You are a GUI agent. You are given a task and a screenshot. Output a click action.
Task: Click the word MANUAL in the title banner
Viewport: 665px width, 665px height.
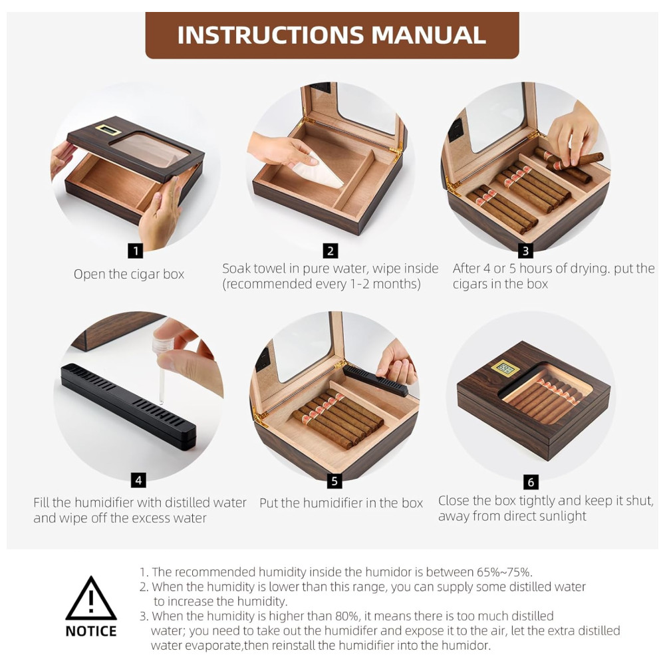click(x=429, y=35)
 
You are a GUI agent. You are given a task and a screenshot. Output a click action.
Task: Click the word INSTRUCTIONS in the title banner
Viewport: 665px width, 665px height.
click(x=271, y=35)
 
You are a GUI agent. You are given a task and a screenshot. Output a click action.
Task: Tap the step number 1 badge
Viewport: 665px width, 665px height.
click(x=135, y=251)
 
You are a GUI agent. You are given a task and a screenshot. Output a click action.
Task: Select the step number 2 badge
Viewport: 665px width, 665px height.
click(x=331, y=251)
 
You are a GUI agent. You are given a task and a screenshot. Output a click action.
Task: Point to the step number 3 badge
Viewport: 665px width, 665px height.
click(x=525, y=251)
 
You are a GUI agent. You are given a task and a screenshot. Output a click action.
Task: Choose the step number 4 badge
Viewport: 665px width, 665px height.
click(x=138, y=481)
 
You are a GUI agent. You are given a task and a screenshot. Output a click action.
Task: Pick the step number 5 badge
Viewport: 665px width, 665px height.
click(x=334, y=481)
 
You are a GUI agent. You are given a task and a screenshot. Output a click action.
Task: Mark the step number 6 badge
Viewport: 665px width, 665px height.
click(x=531, y=481)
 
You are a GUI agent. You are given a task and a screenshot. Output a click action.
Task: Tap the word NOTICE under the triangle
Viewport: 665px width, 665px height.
click(x=90, y=631)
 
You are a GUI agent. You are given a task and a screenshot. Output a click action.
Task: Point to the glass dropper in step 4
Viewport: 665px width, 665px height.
click(x=162, y=369)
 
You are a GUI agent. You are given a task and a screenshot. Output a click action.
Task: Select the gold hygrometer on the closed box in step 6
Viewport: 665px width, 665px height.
click(x=504, y=368)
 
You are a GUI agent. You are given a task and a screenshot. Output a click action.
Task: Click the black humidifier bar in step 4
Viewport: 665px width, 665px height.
click(x=129, y=406)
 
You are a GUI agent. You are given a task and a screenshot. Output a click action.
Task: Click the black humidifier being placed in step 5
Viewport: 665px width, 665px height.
click(x=375, y=380)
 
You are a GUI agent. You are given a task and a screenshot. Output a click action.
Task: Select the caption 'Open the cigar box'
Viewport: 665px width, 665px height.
click(x=129, y=275)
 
